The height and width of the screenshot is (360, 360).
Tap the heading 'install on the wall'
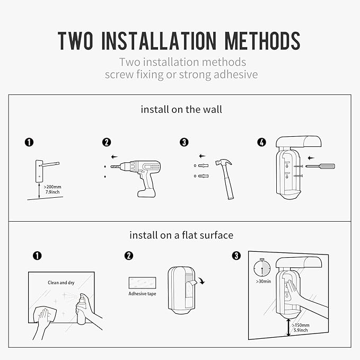[x=181, y=110]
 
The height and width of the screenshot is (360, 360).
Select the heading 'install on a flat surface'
[x=181, y=235]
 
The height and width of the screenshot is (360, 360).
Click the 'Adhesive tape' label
[x=141, y=294]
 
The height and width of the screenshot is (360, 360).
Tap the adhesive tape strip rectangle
[x=141, y=282]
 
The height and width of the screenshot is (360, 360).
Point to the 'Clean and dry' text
[x=60, y=283]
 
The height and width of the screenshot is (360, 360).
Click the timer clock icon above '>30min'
[x=261, y=267]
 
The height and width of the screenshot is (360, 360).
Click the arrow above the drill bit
[x=115, y=157]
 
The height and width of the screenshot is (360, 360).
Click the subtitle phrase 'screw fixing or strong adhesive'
[x=181, y=74]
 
